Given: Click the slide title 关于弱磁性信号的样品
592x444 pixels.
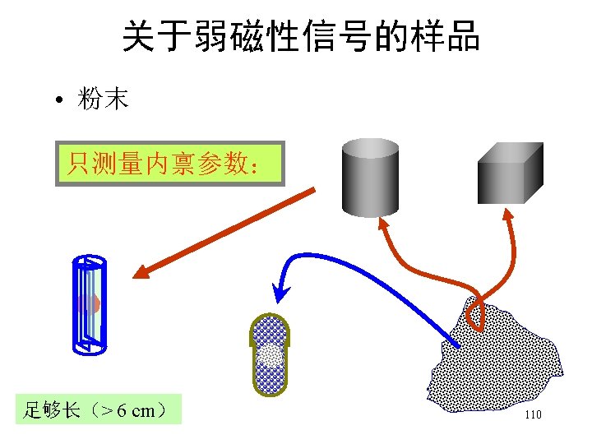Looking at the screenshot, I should (x=301, y=37).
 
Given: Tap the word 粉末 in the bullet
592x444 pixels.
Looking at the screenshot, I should (x=103, y=100).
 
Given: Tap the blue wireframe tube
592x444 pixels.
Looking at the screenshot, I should (x=89, y=304).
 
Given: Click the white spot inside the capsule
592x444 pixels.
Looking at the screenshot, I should (x=270, y=355).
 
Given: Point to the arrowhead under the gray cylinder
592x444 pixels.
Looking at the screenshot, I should (x=384, y=223).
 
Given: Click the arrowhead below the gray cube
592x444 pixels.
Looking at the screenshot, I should (x=507, y=217).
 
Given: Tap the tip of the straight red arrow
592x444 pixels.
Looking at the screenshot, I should (x=139, y=276).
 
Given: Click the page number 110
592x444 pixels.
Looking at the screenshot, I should (x=533, y=415).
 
